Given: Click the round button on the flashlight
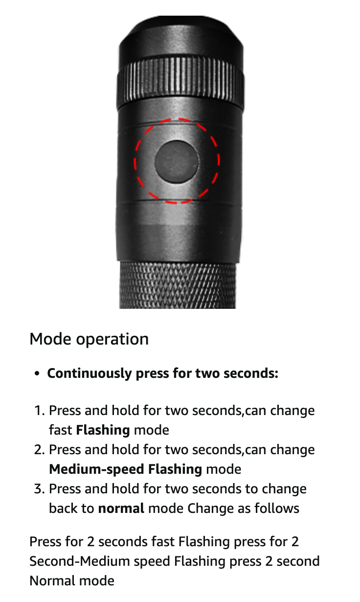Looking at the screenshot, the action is point(177,162).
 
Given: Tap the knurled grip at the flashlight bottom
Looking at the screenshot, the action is point(178,285).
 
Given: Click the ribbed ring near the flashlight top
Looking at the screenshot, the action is point(180,83).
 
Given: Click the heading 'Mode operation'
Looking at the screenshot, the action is point(89,339).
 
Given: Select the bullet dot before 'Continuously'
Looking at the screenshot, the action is point(37,373).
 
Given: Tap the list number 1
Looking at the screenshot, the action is point(39,410).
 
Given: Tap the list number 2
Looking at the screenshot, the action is point(39,450).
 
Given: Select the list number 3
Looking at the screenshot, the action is point(39,488).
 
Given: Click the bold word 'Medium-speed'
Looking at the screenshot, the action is point(97,469).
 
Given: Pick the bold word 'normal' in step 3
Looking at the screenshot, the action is point(121,509).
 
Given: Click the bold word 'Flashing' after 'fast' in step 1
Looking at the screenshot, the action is point(103,430).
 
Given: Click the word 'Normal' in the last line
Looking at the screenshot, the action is point(51,581).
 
